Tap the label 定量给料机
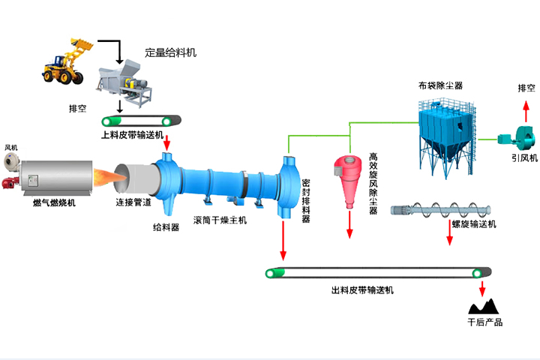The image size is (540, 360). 171,54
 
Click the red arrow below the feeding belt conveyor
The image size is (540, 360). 166,142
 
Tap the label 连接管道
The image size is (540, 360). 133,202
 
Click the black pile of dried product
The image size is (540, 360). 483,305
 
